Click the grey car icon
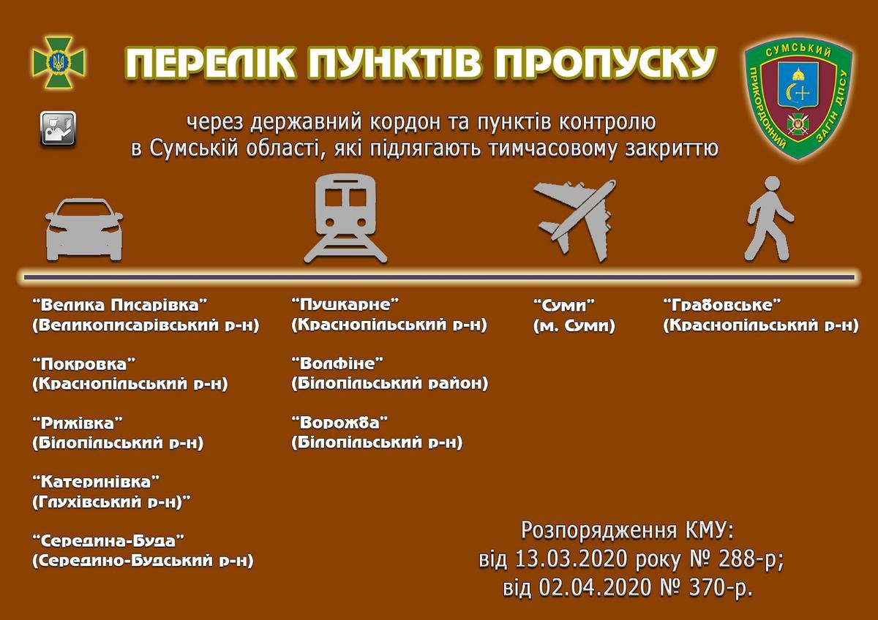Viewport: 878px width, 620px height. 84,230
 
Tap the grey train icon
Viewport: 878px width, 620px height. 345,219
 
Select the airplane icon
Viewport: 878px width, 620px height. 575,219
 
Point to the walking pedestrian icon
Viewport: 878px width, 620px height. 770,219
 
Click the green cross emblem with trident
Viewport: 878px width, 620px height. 59,62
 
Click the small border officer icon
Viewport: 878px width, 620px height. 58,129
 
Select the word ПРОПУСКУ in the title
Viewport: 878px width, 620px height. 606,64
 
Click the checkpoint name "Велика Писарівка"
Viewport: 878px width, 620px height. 120,305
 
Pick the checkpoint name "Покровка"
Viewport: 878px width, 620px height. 84,364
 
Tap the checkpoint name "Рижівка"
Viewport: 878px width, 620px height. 78,423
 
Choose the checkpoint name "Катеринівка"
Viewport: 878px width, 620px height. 97,482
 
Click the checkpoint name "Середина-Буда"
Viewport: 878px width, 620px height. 108,541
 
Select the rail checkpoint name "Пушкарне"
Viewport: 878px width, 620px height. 345,304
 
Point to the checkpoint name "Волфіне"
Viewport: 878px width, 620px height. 337,363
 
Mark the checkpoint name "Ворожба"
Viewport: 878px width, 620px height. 339,423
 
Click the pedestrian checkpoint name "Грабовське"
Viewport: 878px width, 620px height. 722,305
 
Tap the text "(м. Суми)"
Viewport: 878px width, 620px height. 574,326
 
